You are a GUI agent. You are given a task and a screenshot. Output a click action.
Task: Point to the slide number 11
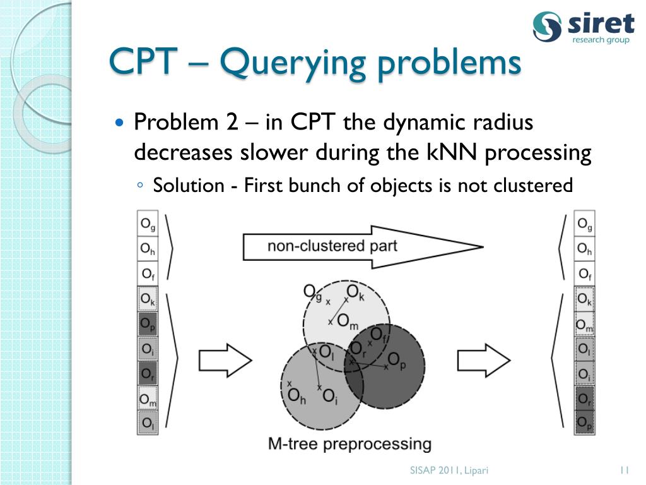(x=625, y=469)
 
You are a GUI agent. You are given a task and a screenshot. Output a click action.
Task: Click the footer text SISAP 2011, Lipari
(x=449, y=470)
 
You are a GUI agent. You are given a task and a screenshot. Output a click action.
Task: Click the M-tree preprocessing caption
(x=350, y=443)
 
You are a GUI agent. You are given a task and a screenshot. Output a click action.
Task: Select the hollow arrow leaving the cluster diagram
(x=483, y=361)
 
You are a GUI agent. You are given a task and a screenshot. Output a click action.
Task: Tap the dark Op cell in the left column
(x=148, y=325)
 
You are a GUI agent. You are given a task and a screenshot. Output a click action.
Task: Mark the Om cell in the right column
(x=585, y=325)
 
